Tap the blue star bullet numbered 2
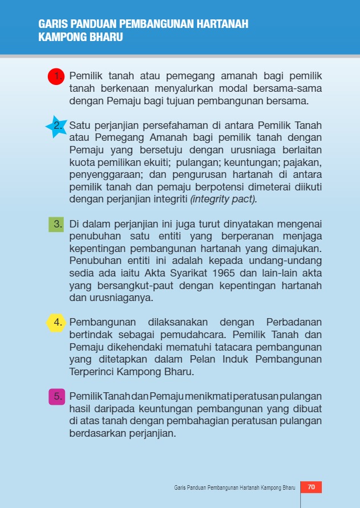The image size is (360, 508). [56, 126]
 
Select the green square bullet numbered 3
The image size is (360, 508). [56, 224]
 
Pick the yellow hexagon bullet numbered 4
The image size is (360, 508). [56, 323]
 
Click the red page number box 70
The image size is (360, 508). [311, 487]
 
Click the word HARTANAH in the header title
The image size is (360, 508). [222, 25]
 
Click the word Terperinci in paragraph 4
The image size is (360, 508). [92, 372]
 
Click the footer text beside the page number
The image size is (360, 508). [234, 488]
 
